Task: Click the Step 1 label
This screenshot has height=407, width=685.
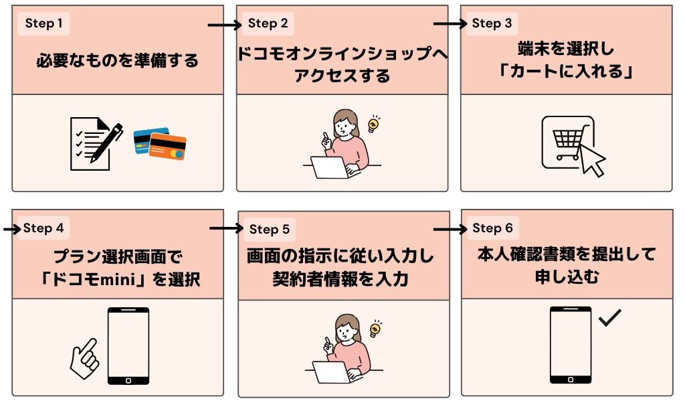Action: click(x=43, y=24)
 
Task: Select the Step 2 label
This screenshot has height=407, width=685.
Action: click(x=268, y=24)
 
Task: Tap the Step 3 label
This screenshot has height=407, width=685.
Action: click(x=492, y=24)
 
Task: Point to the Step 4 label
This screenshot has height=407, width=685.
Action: click(x=43, y=228)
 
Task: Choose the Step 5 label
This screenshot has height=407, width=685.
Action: click(x=269, y=230)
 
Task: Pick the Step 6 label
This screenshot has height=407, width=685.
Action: click(x=492, y=228)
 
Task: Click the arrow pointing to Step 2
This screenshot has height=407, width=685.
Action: click(x=223, y=25)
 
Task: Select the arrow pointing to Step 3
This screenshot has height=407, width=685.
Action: click(x=450, y=24)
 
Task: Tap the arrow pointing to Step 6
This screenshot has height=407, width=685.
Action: click(x=450, y=229)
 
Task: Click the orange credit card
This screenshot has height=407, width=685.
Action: click(x=168, y=147)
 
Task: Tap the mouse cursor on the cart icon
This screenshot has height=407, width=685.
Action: click(x=592, y=160)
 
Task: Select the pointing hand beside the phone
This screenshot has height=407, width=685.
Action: click(x=84, y=353)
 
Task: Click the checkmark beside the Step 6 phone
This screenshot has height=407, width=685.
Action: click(x=610, y=318)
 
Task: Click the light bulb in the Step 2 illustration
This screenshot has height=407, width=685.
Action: click(x=374, y=123)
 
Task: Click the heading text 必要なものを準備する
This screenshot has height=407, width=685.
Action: click(x=117, y=61)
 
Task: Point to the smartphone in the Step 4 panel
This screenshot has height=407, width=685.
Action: click(x=128, y=347)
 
